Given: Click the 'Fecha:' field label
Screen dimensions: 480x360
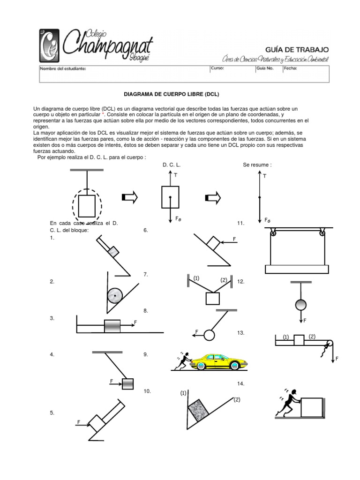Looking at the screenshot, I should coord(290,68).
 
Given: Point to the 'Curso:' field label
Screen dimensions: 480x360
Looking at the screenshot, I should coord(218,68).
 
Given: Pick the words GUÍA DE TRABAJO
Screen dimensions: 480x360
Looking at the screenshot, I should coord(295,49).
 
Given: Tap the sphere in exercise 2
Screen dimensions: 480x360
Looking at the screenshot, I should coord(114,295).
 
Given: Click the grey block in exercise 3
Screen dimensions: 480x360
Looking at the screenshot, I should coord(112,326).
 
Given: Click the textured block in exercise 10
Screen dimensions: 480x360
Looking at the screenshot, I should coord(198,409).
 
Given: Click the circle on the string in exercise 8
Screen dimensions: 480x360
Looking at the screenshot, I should coord(209,335).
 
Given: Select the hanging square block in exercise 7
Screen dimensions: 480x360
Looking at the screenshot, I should coord(213,299).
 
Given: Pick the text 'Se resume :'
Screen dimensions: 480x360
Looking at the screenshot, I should coord(257,165).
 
